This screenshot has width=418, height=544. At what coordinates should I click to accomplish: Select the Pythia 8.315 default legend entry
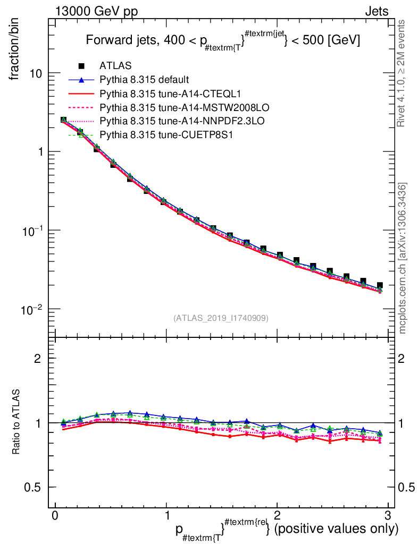144,80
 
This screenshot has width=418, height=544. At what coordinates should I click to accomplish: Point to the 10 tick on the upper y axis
37,73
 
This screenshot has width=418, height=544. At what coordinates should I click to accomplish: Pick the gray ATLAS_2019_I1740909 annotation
221,318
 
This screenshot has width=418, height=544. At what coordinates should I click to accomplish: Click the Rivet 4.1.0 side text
402,74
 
